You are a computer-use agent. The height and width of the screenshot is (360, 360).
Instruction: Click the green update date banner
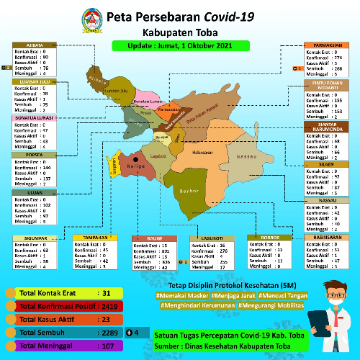coord(180,45)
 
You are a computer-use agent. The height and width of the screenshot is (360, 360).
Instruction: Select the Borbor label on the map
coord(189,192)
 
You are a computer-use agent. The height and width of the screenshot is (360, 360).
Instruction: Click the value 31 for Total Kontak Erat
coord(105,293)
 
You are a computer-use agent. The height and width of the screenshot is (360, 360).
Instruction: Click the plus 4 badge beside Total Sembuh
coord(132,332)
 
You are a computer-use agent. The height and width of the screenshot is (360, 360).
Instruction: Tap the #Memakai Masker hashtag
coord(181,295)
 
